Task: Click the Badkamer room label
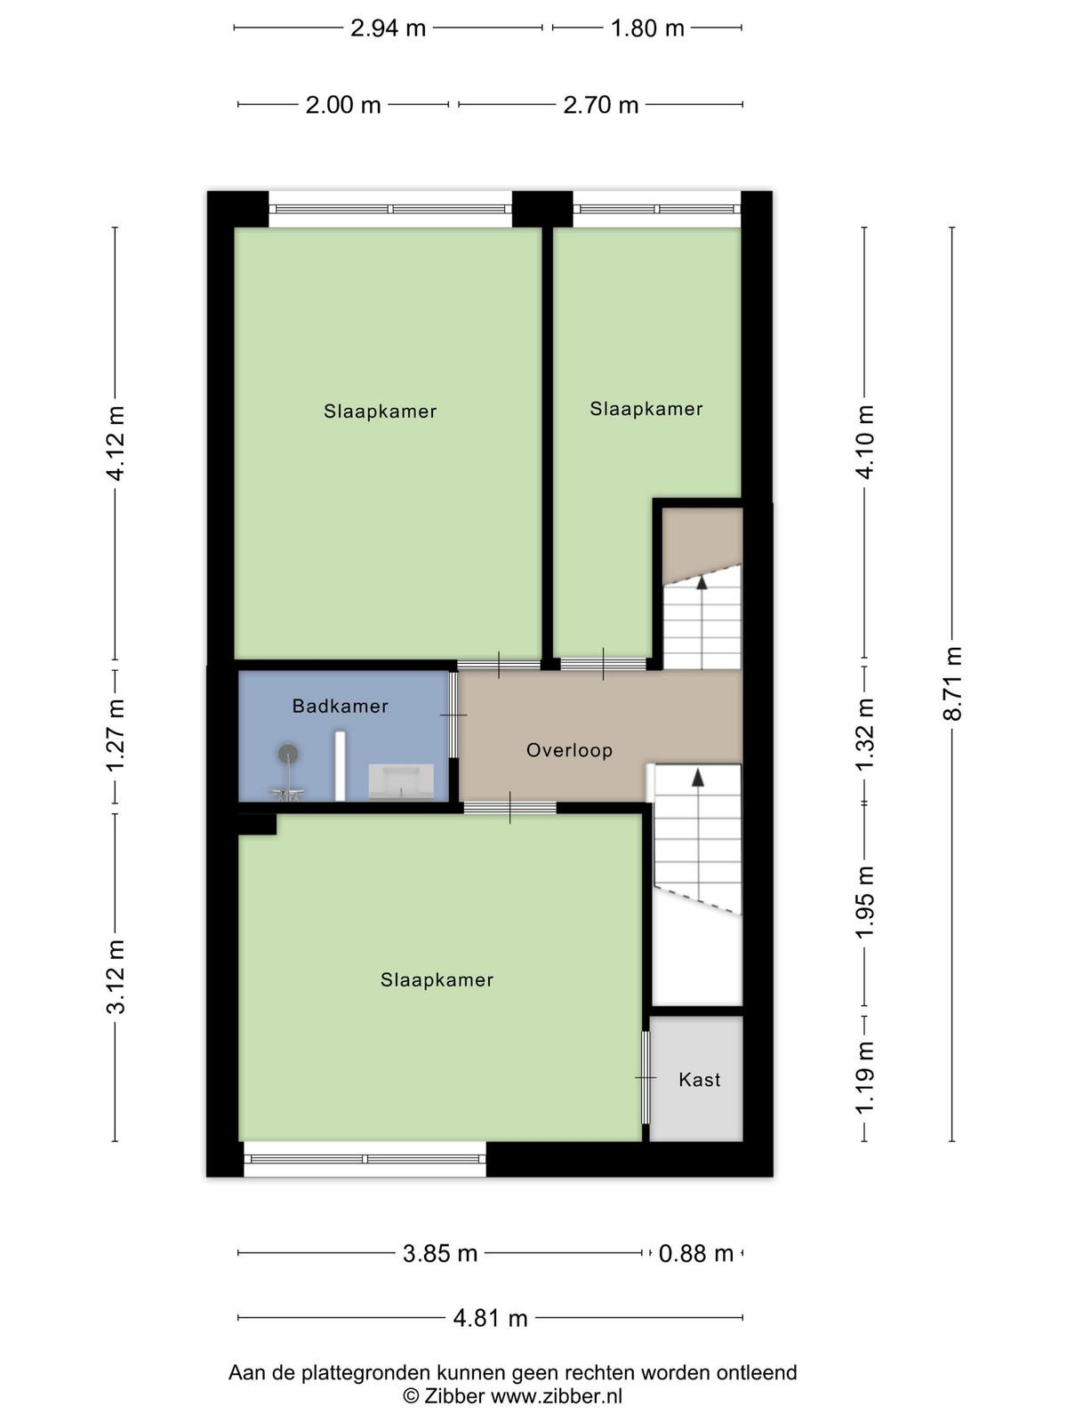(341, 707)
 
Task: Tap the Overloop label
(569, 750)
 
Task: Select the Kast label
(700, 1079)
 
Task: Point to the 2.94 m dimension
(388, 28)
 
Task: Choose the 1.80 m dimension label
(647, 28)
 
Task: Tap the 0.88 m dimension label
(696, 1253)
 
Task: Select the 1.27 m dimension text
(116, 735)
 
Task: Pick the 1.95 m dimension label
(865, 902)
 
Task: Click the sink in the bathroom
(401, 782)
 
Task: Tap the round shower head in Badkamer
(288, 754)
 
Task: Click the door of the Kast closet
(646, 1077)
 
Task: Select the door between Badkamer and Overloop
(453, 715)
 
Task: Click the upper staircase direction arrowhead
(701, 582)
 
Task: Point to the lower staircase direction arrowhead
(698, 778)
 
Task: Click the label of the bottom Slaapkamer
(437, 979)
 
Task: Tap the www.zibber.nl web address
(557, 1395)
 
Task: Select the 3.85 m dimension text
(440, 1253)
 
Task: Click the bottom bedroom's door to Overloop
(509, 808)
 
